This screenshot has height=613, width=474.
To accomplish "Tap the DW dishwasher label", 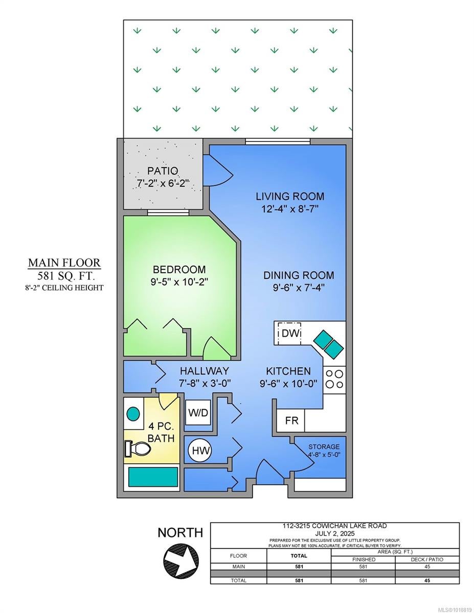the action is (x=290, y=333).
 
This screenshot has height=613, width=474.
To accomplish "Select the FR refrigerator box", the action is (x=290, y=420).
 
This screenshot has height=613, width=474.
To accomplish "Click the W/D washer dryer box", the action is (x=198, y=412).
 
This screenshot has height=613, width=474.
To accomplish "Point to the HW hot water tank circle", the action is (x=201, y=450).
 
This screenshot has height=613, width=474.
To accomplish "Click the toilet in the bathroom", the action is (x=138, y=448).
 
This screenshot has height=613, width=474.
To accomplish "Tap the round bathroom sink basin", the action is (x=133, y=414).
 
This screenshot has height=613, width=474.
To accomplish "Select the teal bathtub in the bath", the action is (x=153, y=477).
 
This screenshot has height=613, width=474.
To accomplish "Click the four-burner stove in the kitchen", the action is (x=334, y=380).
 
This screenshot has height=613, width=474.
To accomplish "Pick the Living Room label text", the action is (x=290, y=196).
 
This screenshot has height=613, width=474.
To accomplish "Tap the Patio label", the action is (x=163, y=171).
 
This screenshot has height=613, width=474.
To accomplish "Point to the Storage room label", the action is (x=324, y=446).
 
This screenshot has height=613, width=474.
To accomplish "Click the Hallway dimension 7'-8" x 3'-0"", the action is (x=205, y=383).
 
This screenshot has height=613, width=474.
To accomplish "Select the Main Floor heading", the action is (x=64, y=263).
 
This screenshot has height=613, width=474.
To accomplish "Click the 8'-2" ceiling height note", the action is (x=64, y=288).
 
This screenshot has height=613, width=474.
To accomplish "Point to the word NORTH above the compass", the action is (x=180, y=533).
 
